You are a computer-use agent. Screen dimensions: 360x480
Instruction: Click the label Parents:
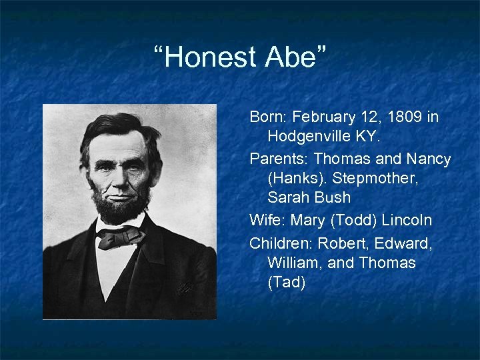coord(279,160)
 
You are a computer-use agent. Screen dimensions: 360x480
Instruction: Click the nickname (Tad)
coord(286,283)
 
